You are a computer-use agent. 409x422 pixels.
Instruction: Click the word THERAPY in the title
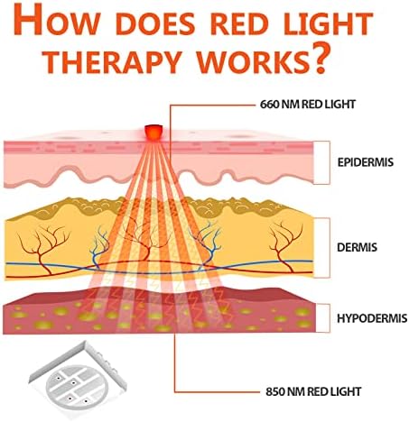click(x=113, y=62)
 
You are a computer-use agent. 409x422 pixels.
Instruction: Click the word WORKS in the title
click(x=249, y=62)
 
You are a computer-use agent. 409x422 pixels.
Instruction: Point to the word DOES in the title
click(x=155, y=23)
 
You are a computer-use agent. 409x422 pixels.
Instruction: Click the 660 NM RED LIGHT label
click(x=308, y=105)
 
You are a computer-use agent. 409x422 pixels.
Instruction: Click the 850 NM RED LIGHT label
click(x=313, y=391)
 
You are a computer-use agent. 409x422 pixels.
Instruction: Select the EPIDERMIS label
click(x=365, y=162)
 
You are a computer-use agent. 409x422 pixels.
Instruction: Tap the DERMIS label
click(x=357, y=247)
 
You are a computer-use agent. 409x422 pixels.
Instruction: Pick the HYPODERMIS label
click(x=372, y=318)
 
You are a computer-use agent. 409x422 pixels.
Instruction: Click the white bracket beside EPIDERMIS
click(x=321, y=162)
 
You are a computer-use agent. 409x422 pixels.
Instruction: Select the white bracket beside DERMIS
click(x=321, y=248)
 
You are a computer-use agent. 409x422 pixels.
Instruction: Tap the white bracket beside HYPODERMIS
click(x=321, y=318)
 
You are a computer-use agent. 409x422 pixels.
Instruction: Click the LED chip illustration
click(x=78, y=381)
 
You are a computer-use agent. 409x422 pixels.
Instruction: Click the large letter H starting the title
click(x=28, y=19)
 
